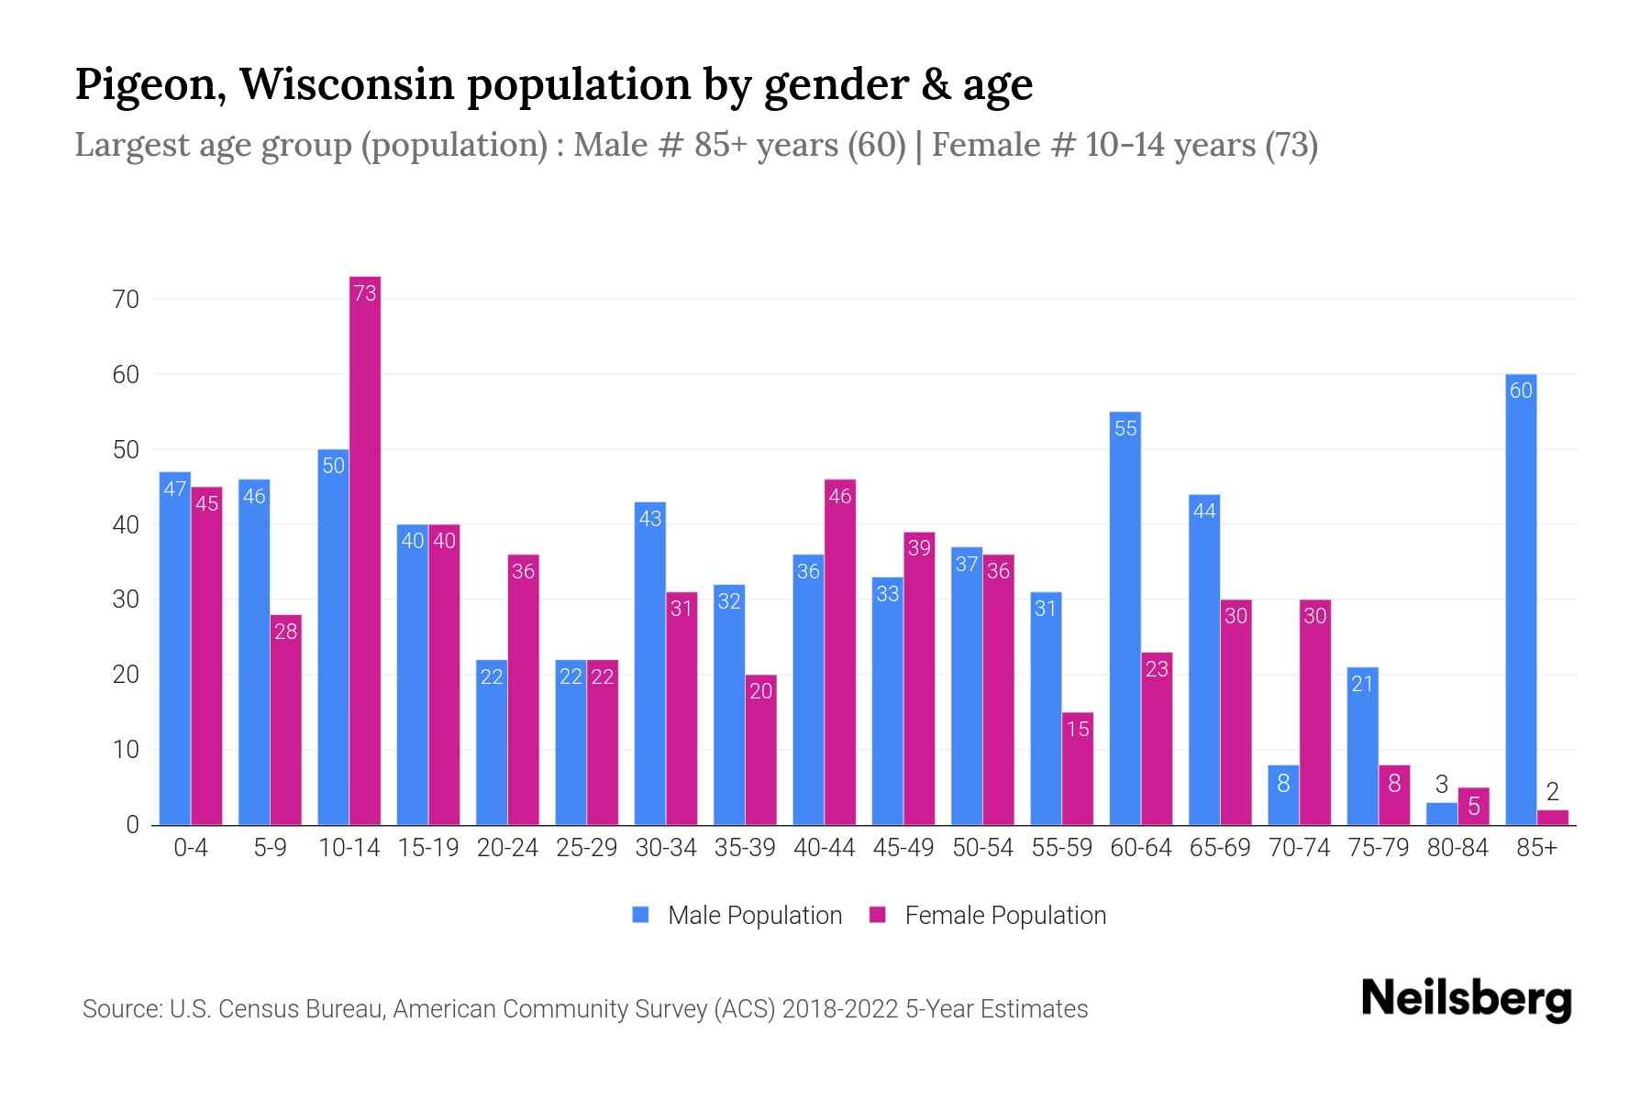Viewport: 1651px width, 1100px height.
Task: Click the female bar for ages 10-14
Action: pyautogui.click(x=365, y=550)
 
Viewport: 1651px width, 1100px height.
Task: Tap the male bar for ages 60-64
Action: pyautogui.click(x=1125, y=619)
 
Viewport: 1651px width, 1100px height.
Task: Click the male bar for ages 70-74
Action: pyautogui.click(x=1283, y=795)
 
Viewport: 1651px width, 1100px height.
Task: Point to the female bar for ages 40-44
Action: pyautogui.click(x=840, y=652)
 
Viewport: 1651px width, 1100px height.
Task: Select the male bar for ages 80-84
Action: pyautogui.click(x=1442, y=814)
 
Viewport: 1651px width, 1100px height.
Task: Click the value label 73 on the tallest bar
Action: pyautogui.click(x=365, y=293)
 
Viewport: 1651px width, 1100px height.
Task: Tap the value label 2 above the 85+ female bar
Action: pyautogui.click(x=1552, y=791)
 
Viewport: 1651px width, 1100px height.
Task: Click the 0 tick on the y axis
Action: pyautogui.click(x=132, y=825)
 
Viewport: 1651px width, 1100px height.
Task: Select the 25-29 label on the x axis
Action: pyautogui.click(x=587, y=848)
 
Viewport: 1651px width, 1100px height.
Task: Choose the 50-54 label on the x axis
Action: pyautogui.click(x=982, y=848)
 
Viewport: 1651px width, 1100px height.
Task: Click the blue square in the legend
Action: pyautogui.click(x=640, y=915)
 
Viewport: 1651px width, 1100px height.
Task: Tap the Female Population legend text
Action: pyautogui.click(x=1005, y=915)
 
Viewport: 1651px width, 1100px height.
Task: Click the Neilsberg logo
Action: pyautogui.click(x=1466, y=998)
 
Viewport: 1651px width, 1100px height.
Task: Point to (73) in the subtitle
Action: pyautogui.click(x=1291, y=145)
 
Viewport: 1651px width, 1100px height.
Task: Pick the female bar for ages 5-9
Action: pyautogui.click(x=286, y=720)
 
